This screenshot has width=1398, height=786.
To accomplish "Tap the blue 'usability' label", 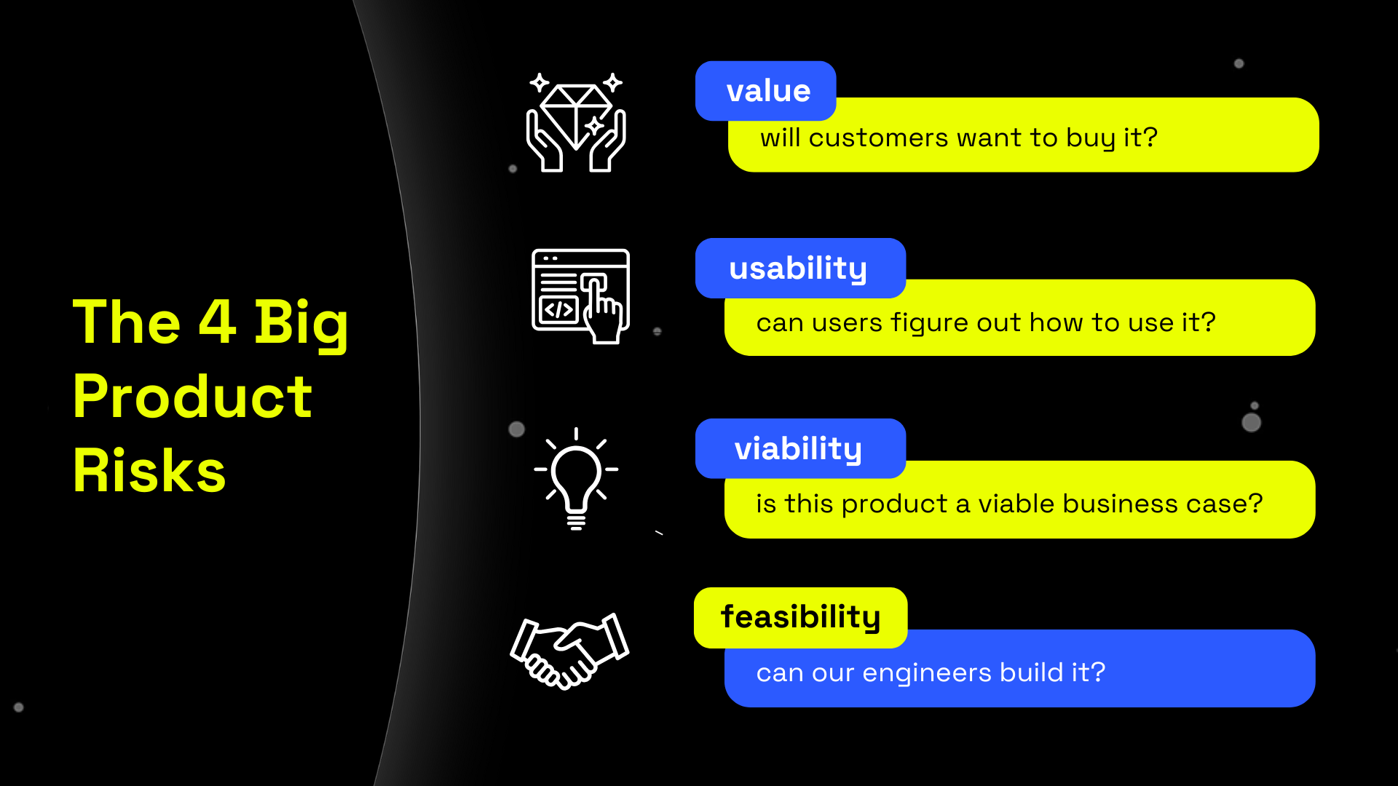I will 799,268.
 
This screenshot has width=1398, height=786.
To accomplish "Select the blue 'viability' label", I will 799,448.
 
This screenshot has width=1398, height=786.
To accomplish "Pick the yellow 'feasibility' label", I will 800,617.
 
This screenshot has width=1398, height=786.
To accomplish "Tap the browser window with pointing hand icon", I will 580,295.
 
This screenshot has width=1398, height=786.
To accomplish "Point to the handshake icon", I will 569,650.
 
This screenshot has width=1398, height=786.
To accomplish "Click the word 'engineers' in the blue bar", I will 926,672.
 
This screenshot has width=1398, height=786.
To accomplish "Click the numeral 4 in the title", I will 217,322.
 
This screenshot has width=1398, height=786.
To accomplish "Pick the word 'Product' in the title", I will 192,397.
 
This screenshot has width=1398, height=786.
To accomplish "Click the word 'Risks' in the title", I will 149,471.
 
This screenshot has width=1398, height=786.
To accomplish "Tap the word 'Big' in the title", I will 301,323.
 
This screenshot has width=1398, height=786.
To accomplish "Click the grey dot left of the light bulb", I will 516,429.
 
